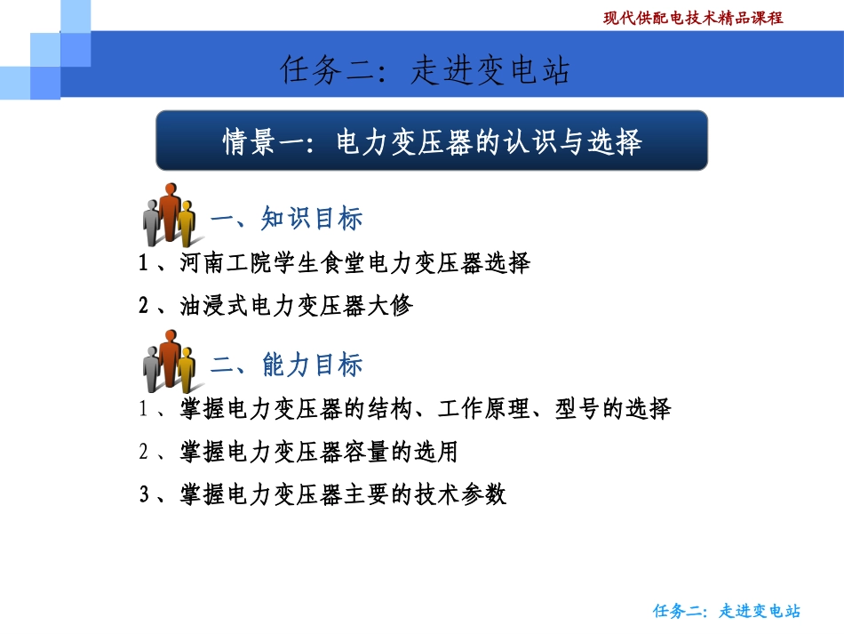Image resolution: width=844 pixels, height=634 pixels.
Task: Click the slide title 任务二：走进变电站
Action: click(424, 70)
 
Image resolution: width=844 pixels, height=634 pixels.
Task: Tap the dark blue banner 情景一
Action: click(432, 140)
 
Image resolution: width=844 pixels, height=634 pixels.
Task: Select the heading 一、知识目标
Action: click(286, 219)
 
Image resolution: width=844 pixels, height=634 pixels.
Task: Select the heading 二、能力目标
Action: click(286, 365)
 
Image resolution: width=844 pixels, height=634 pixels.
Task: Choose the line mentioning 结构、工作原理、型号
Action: click(404, 410)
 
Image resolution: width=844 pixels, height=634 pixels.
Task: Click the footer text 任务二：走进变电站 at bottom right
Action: click(727, 611)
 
